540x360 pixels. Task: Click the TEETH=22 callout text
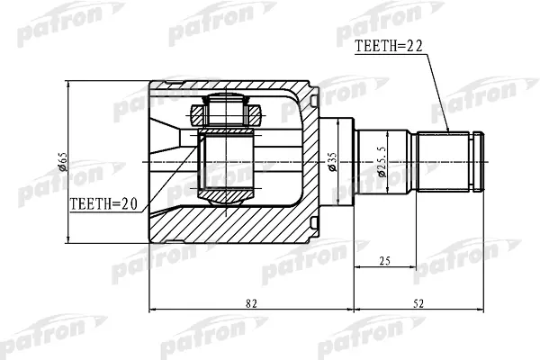coord(389,46)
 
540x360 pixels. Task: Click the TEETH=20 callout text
coord(103,204)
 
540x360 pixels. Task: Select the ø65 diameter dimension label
coord(63,162)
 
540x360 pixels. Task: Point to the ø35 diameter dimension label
coord(332,162)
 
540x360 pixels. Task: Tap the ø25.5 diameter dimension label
coord(382,162)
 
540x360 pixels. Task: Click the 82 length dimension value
coord(251,303)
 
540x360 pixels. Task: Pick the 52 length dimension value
coord(418,303)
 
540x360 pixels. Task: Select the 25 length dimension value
coord(384,261)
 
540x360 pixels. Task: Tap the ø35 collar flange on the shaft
coord(337,162)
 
